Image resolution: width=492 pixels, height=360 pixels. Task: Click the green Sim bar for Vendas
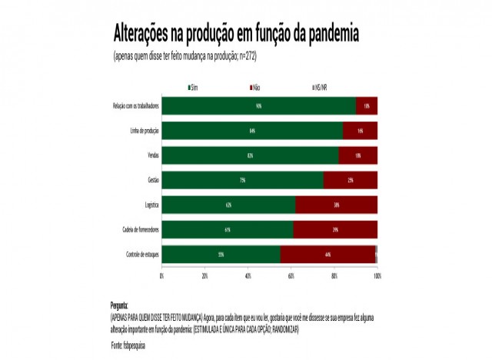[x=250, y=155]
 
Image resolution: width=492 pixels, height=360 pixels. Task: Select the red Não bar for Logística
[x=336, y=205]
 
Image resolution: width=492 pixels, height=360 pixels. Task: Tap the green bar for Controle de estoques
[x=221, y=255]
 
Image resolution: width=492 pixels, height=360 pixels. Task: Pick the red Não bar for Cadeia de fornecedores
[x=335, y=230]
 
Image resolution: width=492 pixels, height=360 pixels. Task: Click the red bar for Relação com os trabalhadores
[x=367, y=106]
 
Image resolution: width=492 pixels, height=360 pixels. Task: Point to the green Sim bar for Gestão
[x=242, y=180]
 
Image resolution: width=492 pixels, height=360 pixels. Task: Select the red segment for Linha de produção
[x=360, y=131]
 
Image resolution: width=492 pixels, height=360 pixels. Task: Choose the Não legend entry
[x=255, y=88]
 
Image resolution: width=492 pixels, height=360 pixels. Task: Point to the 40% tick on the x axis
[x=248, y=275]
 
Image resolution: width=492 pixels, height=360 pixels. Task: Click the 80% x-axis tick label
[x=334, y=275]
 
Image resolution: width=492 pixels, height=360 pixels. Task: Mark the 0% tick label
[x=161, y=275]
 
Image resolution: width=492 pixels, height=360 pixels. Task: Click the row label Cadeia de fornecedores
[x=138, y=230]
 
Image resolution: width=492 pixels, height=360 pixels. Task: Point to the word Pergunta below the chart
[x=119, y=305]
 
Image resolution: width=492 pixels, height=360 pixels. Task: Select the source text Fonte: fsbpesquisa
[x=128, y=345]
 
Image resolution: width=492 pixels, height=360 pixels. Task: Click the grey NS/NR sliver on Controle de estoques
[x=376, y=255]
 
